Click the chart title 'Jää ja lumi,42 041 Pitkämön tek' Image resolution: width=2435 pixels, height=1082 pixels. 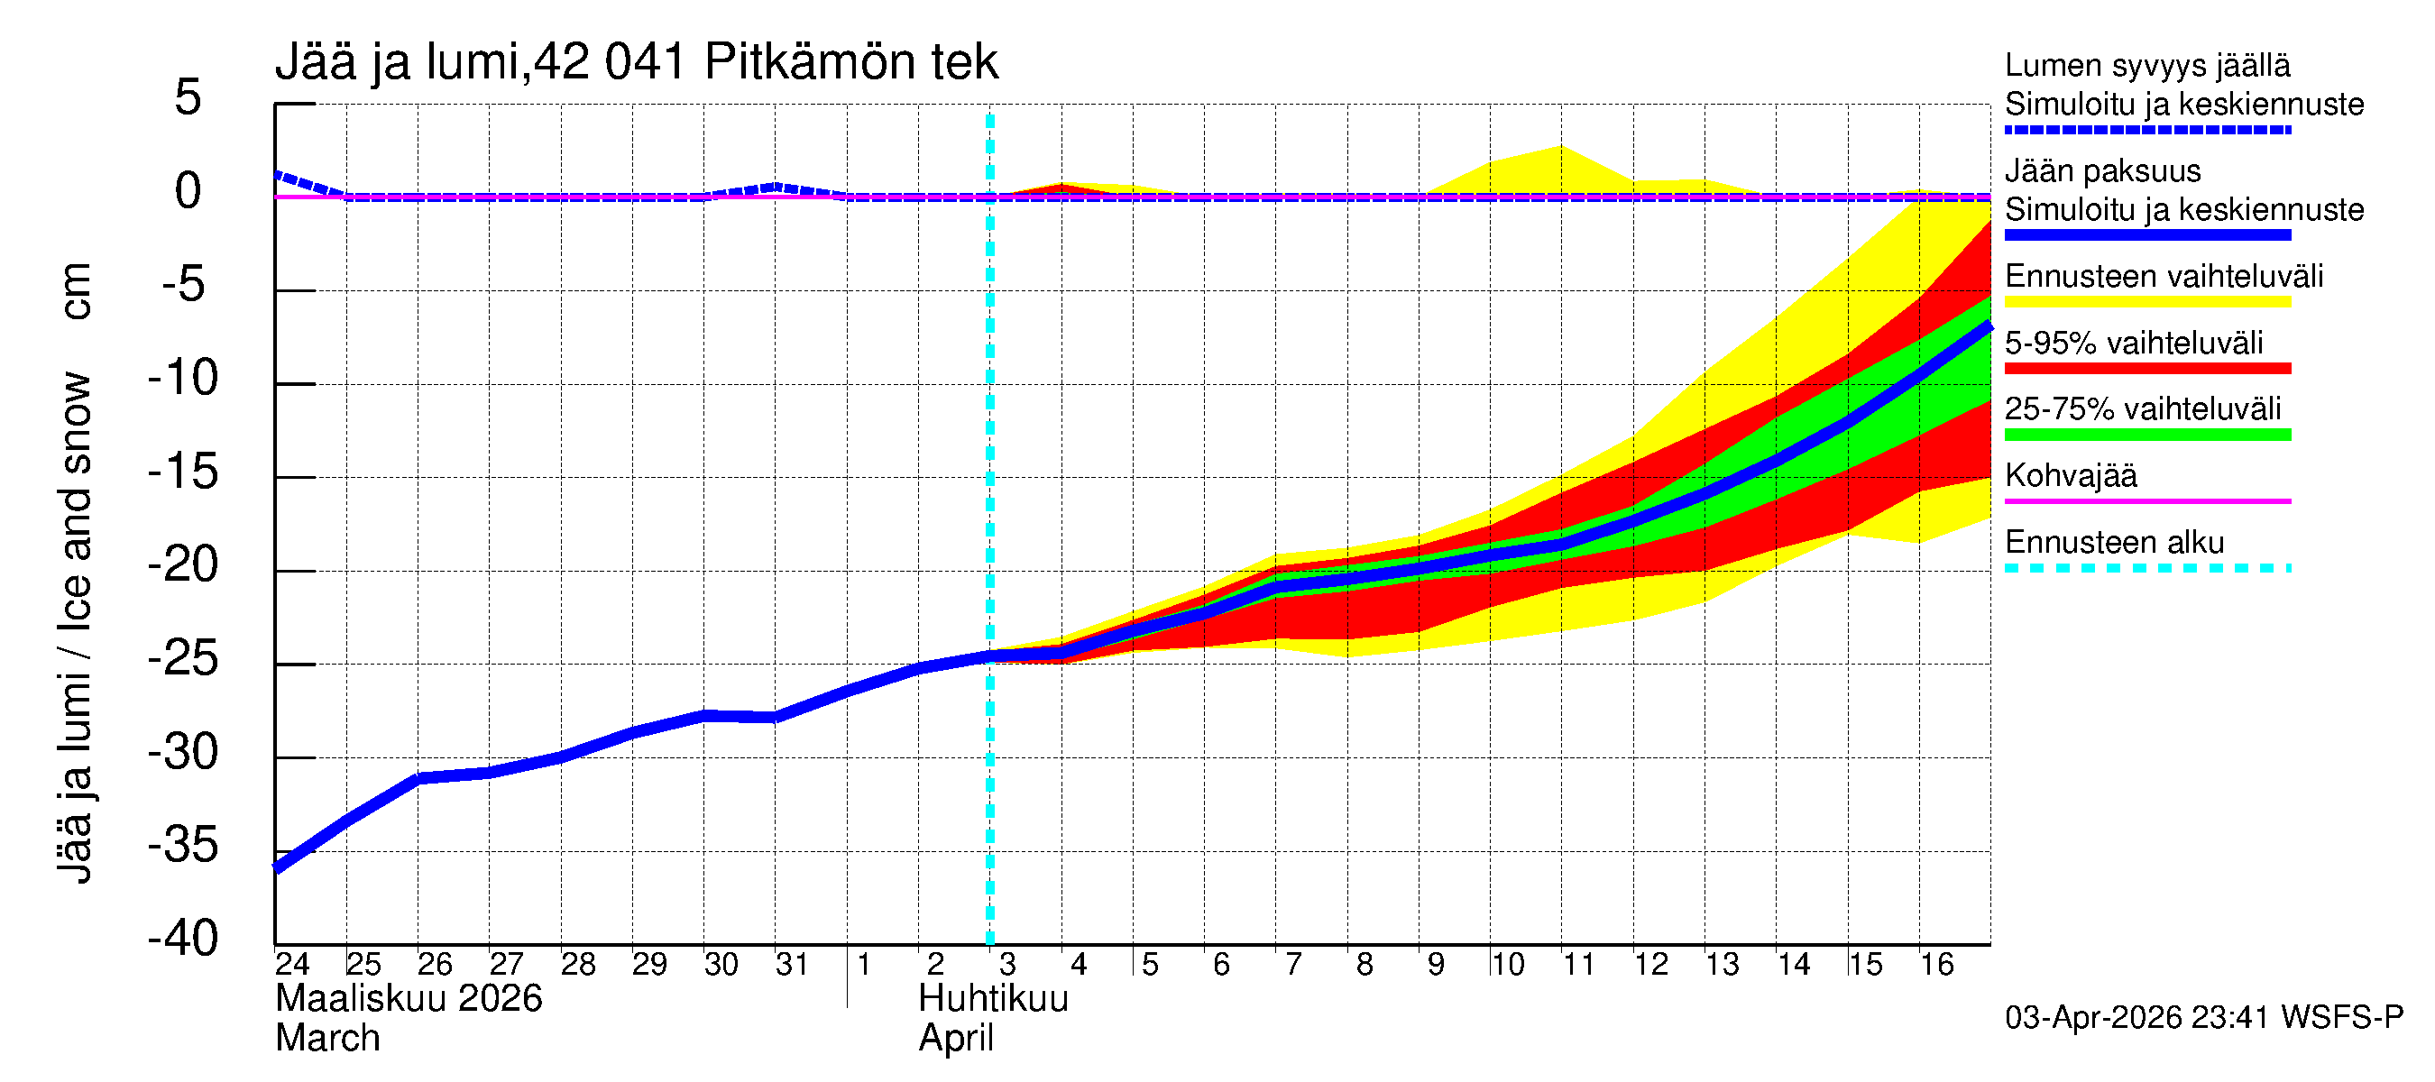coord(636,62)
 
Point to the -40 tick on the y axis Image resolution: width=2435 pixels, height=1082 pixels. coord(183,940)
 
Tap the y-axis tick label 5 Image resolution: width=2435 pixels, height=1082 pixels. coord(188,97)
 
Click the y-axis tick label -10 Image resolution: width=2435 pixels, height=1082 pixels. coord(183,378)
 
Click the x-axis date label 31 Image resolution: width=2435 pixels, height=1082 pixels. coord(792,965)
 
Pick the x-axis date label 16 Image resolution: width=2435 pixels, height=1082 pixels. coord(1937,965)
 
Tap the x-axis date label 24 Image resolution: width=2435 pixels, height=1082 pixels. coord(292,965)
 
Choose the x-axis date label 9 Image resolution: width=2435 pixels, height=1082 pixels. coord(1436,965)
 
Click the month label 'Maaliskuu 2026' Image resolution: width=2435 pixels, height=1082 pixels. coord(409,999)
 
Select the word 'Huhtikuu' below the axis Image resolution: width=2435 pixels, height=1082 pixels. coord(994,999)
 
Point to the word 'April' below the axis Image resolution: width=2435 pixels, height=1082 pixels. coord(956,1039)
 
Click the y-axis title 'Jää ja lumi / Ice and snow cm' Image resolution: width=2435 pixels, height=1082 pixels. coord(75,573)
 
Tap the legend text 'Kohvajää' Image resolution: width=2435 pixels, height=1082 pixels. coord(2071,475)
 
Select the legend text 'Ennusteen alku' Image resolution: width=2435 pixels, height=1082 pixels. coord(2115,543)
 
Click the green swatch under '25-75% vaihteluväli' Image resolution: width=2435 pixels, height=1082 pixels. coord(2147,435)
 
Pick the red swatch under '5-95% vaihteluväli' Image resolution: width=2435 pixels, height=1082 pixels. coord(2147,369)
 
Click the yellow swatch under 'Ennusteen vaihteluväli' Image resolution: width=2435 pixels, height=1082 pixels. coord(2147,302)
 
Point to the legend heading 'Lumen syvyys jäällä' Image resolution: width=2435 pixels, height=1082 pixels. coord(2147,66)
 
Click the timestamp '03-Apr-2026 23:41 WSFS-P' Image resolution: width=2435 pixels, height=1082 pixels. coord(2203,1018)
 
